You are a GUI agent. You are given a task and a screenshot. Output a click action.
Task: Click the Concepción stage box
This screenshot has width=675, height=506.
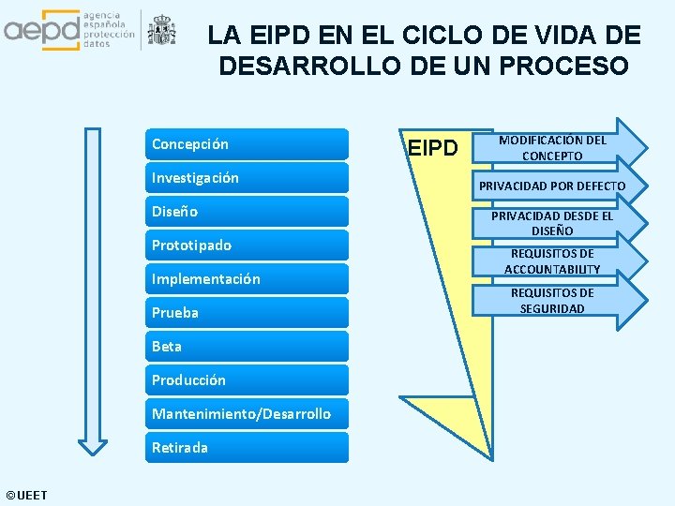(x=248, y=144)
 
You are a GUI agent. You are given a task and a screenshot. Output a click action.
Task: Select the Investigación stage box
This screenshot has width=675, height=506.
(x=248, y=178)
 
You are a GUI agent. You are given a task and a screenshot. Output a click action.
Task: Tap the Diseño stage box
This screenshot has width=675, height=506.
(x=248, y=212)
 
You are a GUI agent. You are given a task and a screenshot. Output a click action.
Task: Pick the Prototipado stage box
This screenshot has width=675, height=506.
(x=248, y=246)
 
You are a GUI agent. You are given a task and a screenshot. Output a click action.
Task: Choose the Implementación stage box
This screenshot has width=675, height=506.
(x=248, y=279)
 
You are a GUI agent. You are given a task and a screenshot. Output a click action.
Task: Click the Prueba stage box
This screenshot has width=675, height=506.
(x=248, y=313)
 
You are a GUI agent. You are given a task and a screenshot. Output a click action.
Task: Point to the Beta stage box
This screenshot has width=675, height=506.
(x=248, y=347)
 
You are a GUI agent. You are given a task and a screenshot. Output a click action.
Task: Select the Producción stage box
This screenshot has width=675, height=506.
(x=248, y=380)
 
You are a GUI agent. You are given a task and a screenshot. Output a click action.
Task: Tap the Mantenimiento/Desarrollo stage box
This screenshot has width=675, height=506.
(x=248, y=414)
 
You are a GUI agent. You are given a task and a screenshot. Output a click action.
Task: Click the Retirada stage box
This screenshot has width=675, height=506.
(x=248, y=448)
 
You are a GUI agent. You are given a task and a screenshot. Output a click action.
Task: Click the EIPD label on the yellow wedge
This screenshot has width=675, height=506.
(x=432, y=148)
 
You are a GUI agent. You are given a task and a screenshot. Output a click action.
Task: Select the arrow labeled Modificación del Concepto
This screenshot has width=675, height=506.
(x=553, y=147)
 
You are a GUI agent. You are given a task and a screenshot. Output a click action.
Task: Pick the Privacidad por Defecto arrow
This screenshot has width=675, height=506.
(x=553, y=186)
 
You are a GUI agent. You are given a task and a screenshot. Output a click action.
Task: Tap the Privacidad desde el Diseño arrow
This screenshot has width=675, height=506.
(x=553, y=223)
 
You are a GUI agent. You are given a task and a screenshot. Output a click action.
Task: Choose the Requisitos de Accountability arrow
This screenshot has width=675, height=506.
(x=553, y=261)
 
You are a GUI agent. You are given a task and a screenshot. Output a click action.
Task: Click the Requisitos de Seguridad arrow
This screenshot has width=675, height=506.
(x=553, y=301)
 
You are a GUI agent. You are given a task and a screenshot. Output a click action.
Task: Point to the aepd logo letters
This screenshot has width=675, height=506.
(x=42, y=30)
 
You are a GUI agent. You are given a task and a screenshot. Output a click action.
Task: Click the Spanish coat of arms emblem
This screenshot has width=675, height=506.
(x=162, y=30)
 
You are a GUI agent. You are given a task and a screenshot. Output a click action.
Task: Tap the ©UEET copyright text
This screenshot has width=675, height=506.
(x=26, y=495)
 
